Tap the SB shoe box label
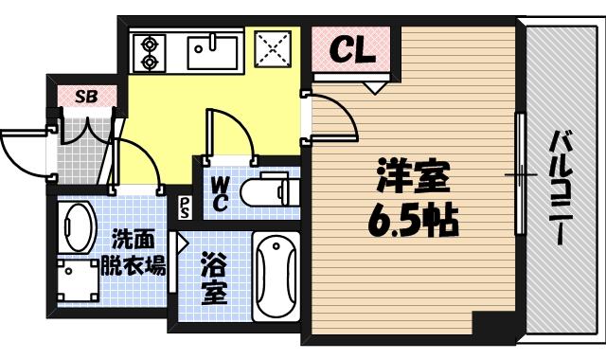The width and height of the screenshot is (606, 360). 86,96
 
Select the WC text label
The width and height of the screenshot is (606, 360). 219,192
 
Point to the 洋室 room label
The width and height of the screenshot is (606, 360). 411,176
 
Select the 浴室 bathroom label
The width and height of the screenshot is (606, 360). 214,277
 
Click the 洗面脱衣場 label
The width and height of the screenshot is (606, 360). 133,251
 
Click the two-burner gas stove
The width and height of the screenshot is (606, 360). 148,52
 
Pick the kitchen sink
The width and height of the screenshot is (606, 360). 217,50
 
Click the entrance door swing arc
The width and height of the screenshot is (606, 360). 21,152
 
